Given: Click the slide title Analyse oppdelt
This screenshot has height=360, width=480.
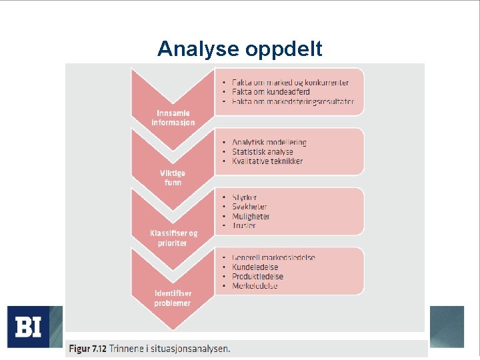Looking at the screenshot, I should [x=239, y=49].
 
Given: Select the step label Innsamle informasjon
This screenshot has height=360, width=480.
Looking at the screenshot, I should [x=173, y=118].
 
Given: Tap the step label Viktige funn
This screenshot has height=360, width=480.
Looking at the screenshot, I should [x=173, y=177].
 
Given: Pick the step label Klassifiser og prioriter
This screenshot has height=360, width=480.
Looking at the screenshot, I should [x=173, y=238].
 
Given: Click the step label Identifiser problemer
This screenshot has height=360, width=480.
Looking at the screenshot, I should [x=173, y=298].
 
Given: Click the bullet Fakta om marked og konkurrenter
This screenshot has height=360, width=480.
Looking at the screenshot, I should [x=290, y=83].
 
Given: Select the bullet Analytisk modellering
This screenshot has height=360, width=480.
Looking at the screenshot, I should [x=269, y=143].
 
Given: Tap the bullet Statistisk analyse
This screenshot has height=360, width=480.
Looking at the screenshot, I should [x=263, y=152].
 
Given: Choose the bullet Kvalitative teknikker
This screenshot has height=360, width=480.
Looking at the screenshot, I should [x=267, y=161].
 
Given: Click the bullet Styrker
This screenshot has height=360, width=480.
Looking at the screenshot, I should [x=245, y=197].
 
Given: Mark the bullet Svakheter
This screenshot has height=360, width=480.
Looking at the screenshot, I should [x=249, y=207].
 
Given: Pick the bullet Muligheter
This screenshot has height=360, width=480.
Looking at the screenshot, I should [x=251, y=217].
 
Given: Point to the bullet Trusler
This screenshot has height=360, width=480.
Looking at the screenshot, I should [x=244, y=226].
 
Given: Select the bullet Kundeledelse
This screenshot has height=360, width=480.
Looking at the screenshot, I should [x=255, y=267].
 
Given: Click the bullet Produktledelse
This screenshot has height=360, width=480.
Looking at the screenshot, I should [x=257, y=277].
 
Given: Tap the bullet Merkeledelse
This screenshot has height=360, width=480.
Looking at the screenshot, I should [x=255, y=286].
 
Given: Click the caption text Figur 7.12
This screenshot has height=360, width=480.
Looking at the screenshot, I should [x=89, y=348].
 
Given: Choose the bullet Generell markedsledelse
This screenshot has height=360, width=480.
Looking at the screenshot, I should [x=273, y=257].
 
